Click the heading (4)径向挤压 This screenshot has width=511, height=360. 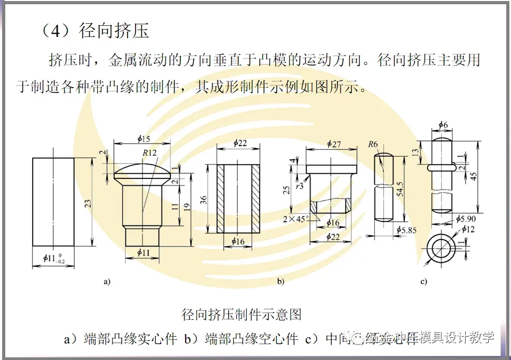[95, 31]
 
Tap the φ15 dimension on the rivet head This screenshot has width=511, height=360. [143, 139]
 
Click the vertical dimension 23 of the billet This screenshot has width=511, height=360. [88, 202]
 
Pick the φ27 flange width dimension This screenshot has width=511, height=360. [334, 144]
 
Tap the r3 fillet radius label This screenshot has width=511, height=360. [299, 186]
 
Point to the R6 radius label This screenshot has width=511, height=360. [373, 144]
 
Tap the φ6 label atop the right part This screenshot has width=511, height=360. [443, 125]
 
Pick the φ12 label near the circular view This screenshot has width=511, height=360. [468, 229]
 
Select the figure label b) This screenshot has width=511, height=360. [281, 281]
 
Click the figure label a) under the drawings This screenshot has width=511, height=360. [107, 281]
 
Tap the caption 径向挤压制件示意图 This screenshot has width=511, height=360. [242, 315]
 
